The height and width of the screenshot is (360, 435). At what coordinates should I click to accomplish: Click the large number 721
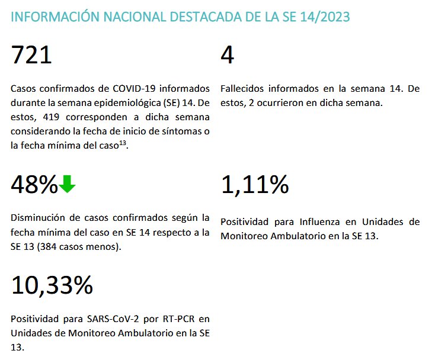[x=31, y=56]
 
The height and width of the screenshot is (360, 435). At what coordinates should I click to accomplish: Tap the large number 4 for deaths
[x=228, y=56]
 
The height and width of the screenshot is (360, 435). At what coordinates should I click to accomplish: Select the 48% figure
[x=34, y=185]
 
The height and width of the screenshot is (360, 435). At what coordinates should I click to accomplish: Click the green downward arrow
[x=68, y=185]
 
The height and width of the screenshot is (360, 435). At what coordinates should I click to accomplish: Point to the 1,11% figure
[x=255, y=185]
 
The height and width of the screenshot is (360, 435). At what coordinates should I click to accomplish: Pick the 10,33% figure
[x=52, y=286]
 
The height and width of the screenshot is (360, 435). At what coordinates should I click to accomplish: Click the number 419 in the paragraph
[x=49, y=115]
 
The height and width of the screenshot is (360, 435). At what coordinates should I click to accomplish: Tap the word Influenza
[x=311, y=222]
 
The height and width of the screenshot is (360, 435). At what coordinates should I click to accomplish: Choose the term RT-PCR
[x=161, y=319]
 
